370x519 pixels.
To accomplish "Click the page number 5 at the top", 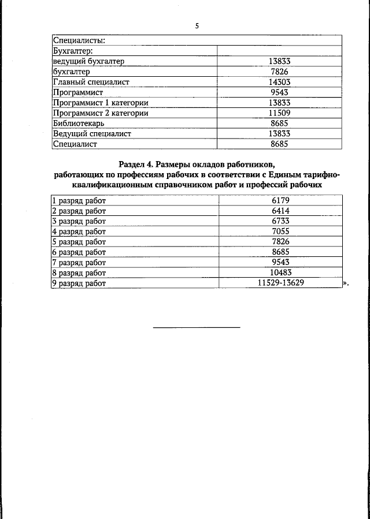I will [197, 26].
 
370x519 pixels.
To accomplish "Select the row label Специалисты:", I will [79, 40].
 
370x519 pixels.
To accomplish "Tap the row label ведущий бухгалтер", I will [88, 61].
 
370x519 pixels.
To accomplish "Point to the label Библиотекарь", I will [78, 124].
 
